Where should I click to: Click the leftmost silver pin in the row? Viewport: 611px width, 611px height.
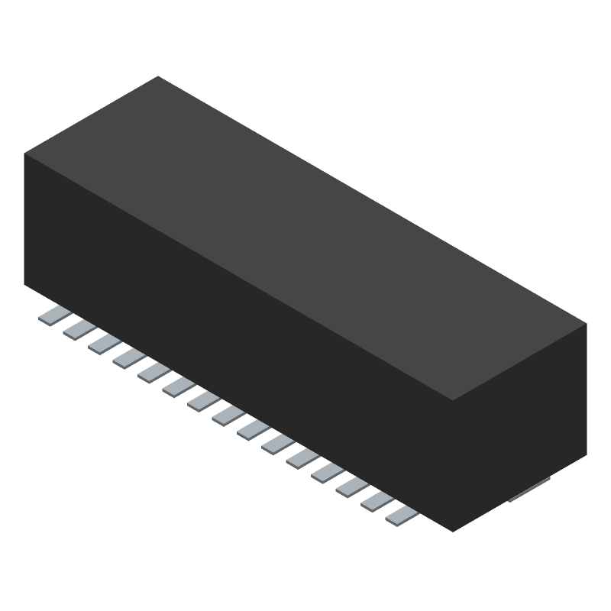pyautogui.click(x=55, y=315)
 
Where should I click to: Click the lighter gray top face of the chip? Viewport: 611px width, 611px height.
pyautogui.click(x=305, y=237)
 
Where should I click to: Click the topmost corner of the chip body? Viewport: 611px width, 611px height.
pyautogui.click(x=158, y=76)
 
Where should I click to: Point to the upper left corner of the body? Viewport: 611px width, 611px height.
pyautogui.click(x=24, y=154)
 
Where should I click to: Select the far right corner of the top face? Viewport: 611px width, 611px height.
pyautogui.click(x=587, y=324)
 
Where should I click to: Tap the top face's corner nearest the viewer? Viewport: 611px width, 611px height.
pyautogui.click(x=454, y=401)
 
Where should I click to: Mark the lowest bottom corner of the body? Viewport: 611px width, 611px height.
pyautogui.click(x=454, y=532)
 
